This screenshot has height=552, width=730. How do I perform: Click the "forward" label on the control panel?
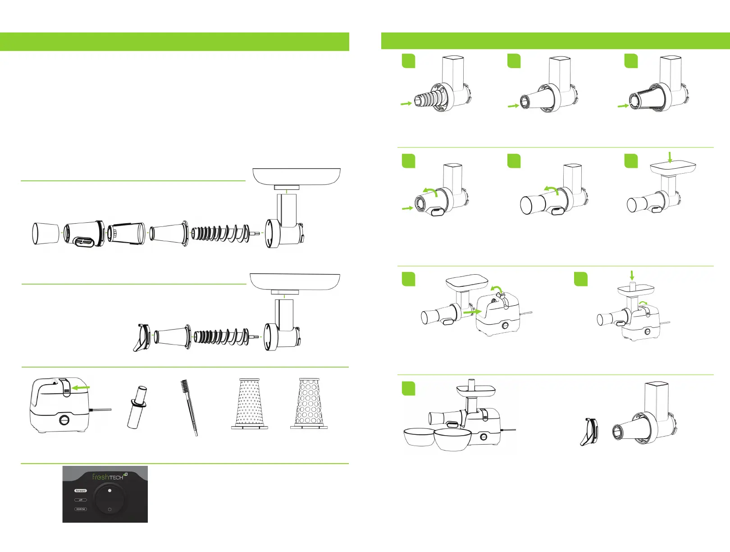[81, 491]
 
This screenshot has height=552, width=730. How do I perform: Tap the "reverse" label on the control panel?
[81, 509]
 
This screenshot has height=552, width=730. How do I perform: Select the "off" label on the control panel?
[81, 500]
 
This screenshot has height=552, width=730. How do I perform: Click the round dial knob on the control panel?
[110, 500]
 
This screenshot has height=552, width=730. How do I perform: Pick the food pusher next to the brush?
[136, 407]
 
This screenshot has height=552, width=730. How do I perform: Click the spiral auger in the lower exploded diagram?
[220, 336]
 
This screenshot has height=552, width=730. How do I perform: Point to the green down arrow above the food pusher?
[632, 275]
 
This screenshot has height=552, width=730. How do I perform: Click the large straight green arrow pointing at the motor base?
[472, 311]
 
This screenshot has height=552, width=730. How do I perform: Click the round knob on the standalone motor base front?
[65, 420]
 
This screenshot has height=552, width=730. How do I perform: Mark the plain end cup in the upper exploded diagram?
[46, 234]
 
